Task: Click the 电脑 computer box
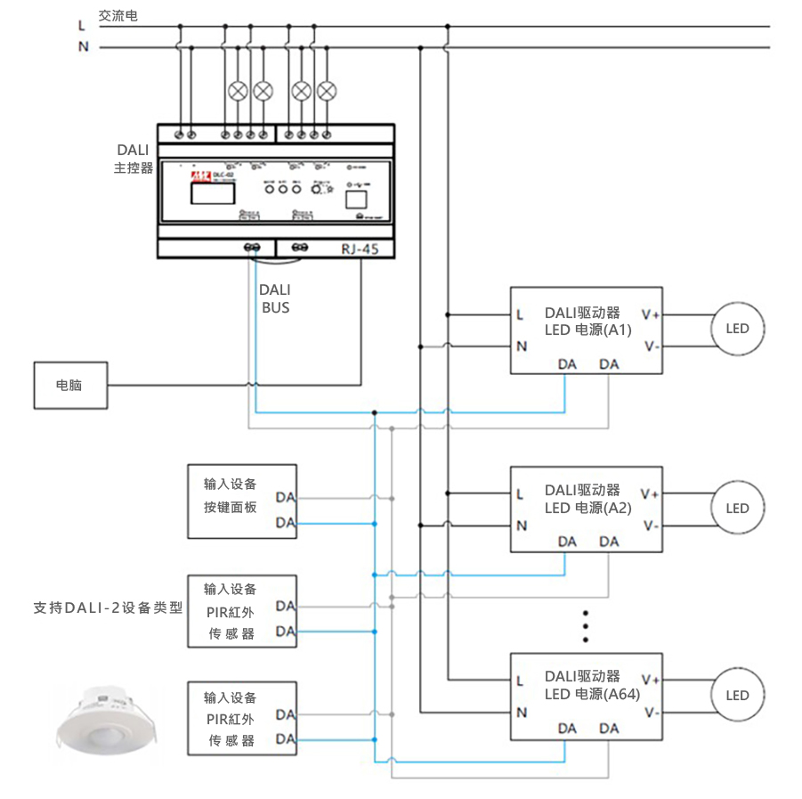70,386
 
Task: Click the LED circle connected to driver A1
737,329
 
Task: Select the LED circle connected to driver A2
737,509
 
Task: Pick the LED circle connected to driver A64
737,696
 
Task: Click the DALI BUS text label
274,299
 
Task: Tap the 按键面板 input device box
241,501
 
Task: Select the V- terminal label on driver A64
652,713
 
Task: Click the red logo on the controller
198,176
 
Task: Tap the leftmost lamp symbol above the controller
238,90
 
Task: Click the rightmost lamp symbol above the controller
328,90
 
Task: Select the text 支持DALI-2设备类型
108,608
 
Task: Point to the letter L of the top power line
82,26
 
